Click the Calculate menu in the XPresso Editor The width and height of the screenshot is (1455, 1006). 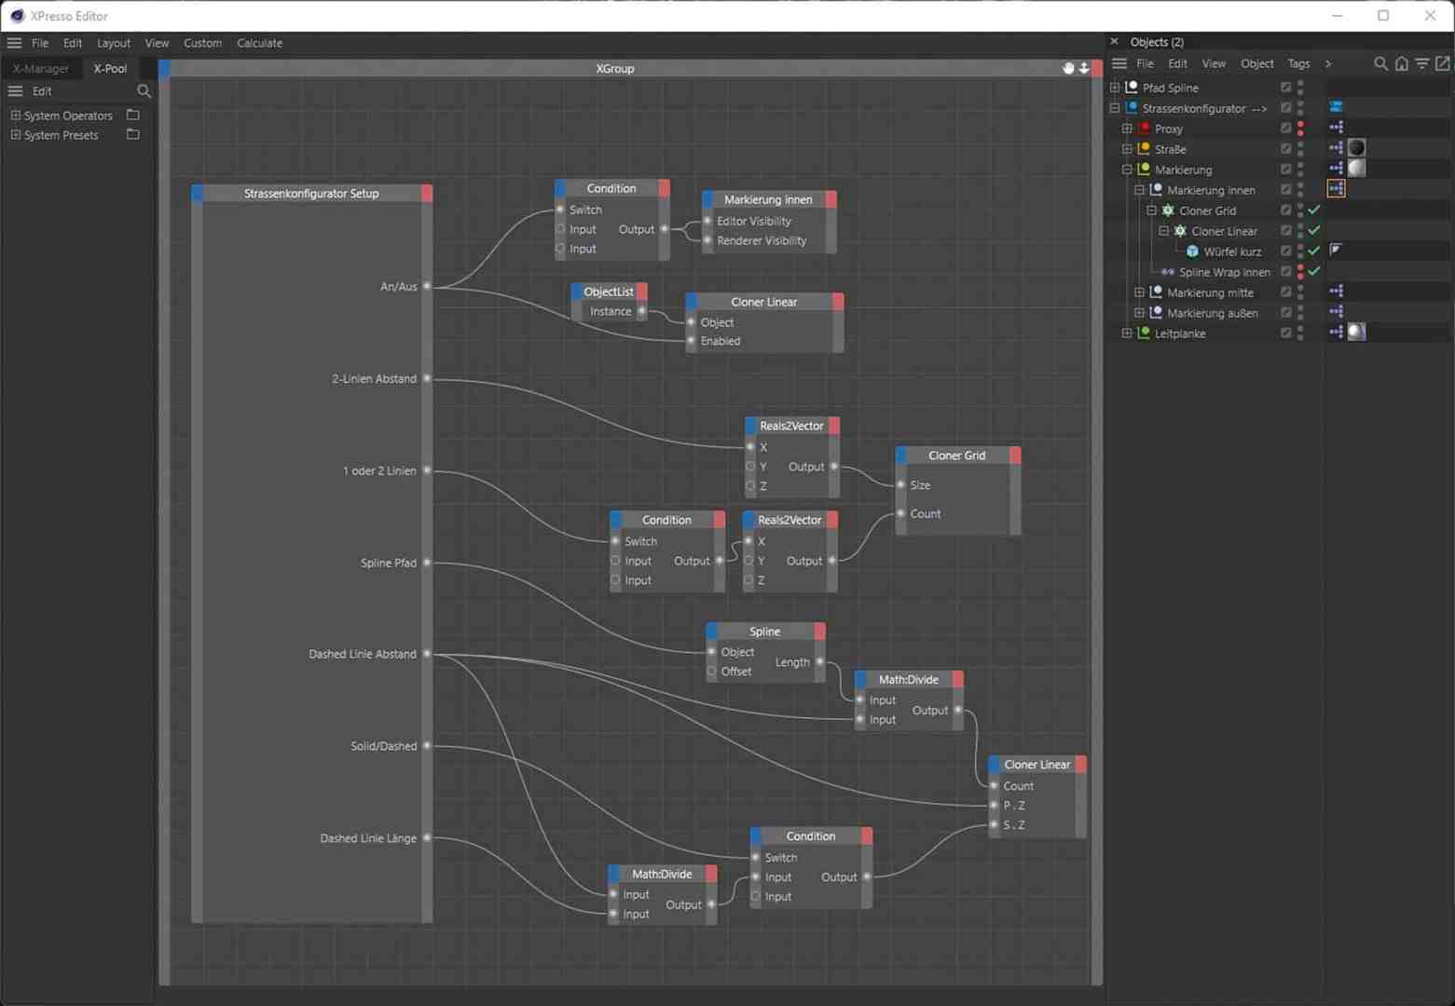[259, 43]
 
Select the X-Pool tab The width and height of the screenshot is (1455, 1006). [110, 68]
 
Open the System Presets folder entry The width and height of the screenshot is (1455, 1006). [61, 135]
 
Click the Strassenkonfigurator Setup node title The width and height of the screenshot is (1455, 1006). [311, 194]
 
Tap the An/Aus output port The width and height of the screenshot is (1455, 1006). [427, 286]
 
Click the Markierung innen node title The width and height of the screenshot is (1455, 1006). [768, 199]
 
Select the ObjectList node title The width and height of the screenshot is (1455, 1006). [608, 292]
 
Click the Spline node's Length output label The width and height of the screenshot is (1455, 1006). [792, 662]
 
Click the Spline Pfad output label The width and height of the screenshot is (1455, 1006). [389, 563]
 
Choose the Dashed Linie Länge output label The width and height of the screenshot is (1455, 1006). [368, 838]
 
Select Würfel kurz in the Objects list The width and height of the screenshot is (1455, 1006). [1232, 251]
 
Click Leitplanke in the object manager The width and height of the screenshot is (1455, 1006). [1180, 333]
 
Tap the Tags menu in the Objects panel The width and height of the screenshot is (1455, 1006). [1298, 63]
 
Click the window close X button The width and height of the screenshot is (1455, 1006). [1430, 16]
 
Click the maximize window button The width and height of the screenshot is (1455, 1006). [1383, 16]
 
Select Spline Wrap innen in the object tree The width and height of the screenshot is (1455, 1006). [1224, 272]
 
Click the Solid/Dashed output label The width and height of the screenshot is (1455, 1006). [383, 746]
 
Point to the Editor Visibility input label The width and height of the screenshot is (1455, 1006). [754, 221]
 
